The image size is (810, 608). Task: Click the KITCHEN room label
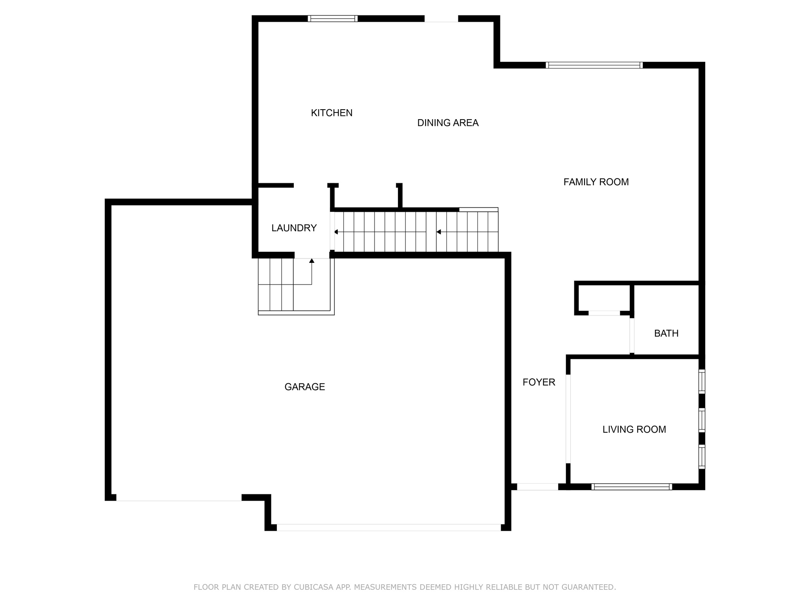[331, 113]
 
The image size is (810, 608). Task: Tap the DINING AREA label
[448, 123]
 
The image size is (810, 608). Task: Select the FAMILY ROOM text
[596, 182]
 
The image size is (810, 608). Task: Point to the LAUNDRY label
[294, 228]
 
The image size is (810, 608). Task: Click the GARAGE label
[305, 387]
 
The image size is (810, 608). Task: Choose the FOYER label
[539, 382]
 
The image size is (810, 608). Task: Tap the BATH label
[666, 334]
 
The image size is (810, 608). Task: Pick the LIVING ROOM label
[634, 429]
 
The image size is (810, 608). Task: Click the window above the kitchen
[333, 19]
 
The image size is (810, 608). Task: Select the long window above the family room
[594, 65]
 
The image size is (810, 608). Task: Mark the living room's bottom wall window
[632, 487]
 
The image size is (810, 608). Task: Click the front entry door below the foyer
[537, 487]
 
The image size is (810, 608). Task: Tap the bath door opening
[632, 335]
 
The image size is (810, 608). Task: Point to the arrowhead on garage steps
[312, 260]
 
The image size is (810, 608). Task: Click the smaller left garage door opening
[179, 498]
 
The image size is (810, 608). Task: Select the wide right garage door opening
[388, 527]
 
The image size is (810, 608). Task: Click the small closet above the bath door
[604, 298]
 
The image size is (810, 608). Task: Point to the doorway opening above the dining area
[441, 19]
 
